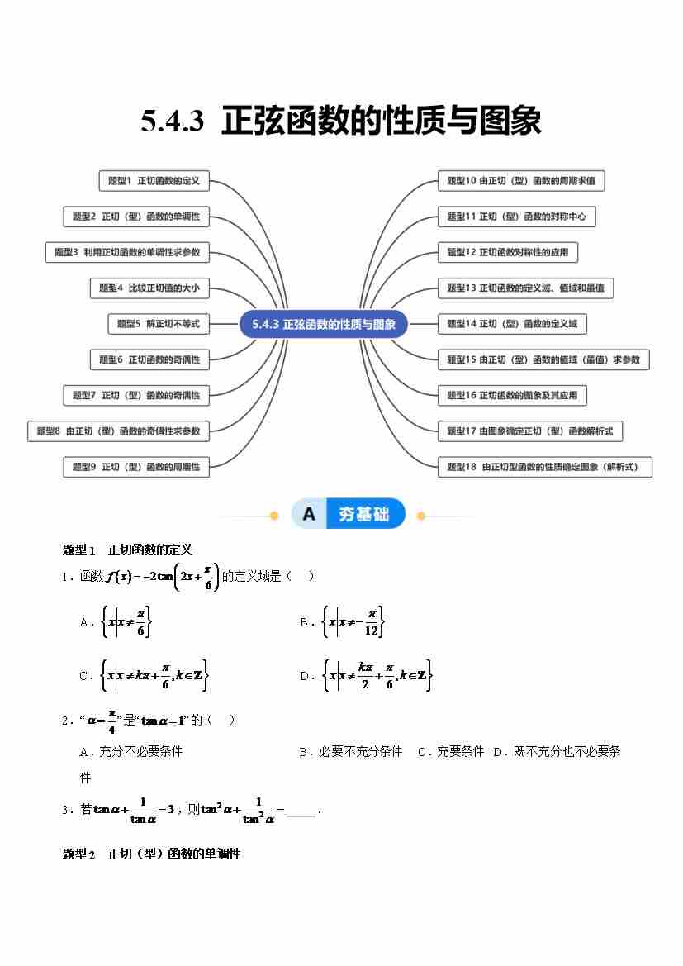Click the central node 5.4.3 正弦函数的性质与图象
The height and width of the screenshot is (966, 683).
(324, 324)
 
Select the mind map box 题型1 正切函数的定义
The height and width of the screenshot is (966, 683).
(154, 180)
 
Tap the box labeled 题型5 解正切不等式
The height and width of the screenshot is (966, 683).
(158, 324)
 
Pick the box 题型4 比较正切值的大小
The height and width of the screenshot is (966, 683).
(149, 288)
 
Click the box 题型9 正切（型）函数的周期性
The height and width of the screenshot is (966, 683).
(135, 467)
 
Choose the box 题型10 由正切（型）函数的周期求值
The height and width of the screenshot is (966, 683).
(520, 180)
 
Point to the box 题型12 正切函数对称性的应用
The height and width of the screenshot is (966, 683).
(507, 252)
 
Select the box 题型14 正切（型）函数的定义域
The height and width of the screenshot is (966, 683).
(512, 324)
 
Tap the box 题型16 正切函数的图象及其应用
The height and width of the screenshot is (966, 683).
(512, 395)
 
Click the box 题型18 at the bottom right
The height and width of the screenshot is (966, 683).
(543, 467)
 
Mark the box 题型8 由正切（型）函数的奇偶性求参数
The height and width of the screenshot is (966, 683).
(118, 431)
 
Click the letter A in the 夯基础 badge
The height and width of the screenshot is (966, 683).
(309, 514)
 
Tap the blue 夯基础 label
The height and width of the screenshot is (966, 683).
(363, 514)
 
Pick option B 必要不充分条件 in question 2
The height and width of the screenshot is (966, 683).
(350, 752)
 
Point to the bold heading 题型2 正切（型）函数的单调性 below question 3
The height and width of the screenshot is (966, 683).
(151, 854)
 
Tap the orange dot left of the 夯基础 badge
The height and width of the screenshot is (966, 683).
(274, 516)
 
